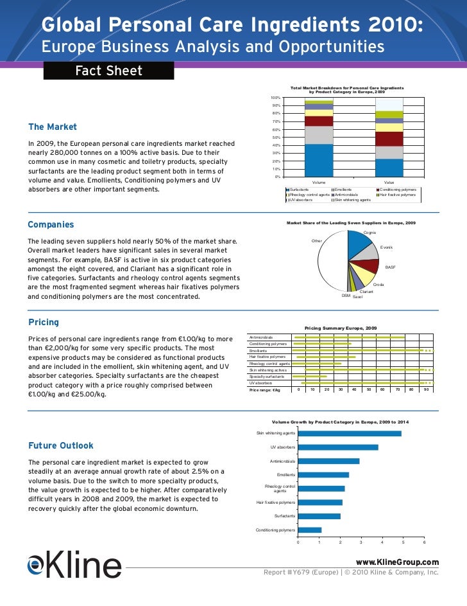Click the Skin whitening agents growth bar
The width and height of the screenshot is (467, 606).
tap(350, 433)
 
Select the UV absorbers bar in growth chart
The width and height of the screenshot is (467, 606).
tap(338, 447)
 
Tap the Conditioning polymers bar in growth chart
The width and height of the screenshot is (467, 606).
tap(309, 530)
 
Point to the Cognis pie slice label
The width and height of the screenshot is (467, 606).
tap(369, 232)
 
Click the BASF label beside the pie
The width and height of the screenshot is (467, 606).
tap(390, 267)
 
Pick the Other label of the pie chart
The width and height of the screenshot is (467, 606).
tap(316, 241)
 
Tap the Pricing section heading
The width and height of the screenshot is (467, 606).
tap(44, 322)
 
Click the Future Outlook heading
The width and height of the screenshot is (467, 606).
tap(61, 445)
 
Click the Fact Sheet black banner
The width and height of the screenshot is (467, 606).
tap(108, 71)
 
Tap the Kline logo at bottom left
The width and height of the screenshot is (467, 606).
tap(74, 566)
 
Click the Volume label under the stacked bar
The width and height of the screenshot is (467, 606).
tap(319, 183)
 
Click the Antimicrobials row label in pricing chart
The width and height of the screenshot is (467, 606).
tap(261, 337)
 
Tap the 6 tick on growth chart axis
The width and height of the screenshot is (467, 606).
tap(424, 542)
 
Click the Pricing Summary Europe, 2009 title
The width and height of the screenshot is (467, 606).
tap(341, 328)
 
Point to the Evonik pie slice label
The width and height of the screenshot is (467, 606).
tap(386, 247)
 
